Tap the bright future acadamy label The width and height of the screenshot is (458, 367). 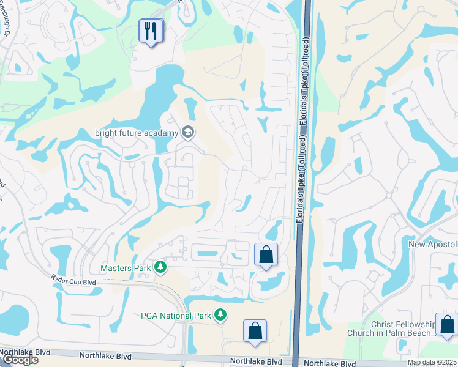pos(135,133)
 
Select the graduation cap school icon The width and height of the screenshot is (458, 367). pos(188,132)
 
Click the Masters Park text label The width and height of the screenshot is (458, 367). pos(126,267)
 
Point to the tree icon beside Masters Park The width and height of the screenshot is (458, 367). pos(160,267)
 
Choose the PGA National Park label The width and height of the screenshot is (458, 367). pos(175,316)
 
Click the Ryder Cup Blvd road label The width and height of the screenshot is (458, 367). pos(73,281)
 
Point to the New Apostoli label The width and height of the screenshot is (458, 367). pos(433,244)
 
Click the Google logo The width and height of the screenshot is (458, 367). pos(20,360)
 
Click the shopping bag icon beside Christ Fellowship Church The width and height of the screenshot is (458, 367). pos(446,324)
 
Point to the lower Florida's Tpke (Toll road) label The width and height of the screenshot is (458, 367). pos(301,183)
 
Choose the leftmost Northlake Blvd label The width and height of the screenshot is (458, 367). pos(24,353)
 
